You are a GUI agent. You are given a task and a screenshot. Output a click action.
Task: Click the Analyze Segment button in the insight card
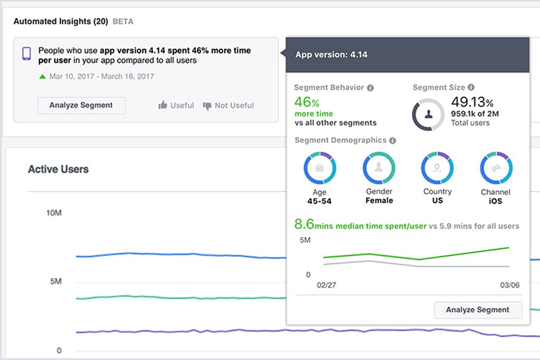[82, 105]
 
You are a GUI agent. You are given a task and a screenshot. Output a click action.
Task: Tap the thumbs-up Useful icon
[163, 105]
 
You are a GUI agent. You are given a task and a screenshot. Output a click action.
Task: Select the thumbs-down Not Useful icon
[207, 105]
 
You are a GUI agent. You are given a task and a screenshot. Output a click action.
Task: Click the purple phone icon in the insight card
[26, 53]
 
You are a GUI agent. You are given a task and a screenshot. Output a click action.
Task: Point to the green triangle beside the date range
[42, 77]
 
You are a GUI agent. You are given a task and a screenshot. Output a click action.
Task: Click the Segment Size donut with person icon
[428, 114]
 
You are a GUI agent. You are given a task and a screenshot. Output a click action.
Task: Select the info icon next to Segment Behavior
[370, 88]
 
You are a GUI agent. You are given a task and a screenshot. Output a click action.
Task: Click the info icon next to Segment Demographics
[392, 141]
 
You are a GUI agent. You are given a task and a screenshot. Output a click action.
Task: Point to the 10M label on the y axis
[54, 213]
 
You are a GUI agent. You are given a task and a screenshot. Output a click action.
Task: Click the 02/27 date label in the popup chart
[326, 285]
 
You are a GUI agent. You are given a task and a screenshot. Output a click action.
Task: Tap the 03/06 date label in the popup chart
[509, 285]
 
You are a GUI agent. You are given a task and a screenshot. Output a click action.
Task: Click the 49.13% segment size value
[472, 102]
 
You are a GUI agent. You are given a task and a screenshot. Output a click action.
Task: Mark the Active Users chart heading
[58, 169]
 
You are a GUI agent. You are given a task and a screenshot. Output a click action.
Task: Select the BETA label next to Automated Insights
[123, 22]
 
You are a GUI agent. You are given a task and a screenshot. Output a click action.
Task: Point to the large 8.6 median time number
[304, 224]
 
